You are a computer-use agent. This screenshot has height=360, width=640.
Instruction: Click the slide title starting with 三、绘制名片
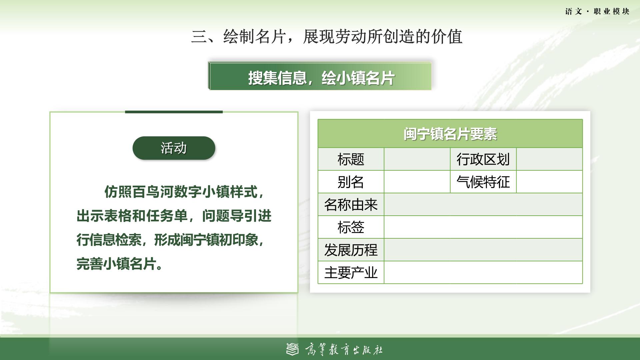tap(327, 37)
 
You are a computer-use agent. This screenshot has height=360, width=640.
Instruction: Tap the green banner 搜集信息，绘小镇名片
tap(320, 76)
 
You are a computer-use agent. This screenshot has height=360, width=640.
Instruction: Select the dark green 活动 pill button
tap(174, 148)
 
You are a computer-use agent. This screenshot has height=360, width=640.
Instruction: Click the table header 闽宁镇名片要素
tap(450, 134)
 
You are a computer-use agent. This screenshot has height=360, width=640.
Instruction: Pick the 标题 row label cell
tap(351, 159)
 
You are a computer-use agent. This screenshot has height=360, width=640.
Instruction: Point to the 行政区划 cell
tap(483, 159)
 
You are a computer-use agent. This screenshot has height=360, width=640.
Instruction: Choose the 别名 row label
tap(351, 182)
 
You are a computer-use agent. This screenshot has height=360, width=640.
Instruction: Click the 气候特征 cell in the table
tap(483, 182)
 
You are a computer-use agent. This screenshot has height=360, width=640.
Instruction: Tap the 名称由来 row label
tap(351, 205)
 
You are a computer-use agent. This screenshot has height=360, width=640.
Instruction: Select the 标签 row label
tap(351, 227)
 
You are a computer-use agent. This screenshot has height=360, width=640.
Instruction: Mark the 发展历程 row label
tap(351, 250)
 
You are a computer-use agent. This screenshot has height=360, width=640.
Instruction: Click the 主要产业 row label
tap(351, 273)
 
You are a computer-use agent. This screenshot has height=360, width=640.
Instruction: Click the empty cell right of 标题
tap(417, 159)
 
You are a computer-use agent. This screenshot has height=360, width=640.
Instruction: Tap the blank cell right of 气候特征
tap(549, 182)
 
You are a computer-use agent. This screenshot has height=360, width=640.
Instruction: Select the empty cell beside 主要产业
tap(483, 273)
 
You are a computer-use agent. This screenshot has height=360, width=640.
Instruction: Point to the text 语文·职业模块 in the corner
tap(597, 12)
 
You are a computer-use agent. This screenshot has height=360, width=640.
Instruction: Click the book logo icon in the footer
tap(293, 349)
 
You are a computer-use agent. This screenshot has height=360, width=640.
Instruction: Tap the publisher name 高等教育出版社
tap(344, 350)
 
